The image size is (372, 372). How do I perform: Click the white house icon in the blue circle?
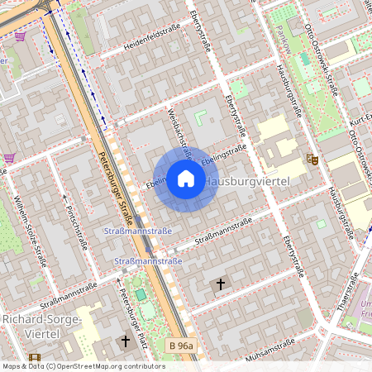point(186,179)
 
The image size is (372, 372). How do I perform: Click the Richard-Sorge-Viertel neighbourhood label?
point(41,326)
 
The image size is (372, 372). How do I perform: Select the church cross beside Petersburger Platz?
point(126,341)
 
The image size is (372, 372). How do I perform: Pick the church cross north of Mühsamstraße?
point(220,284)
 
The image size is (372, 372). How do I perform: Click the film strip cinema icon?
point(34,358)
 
